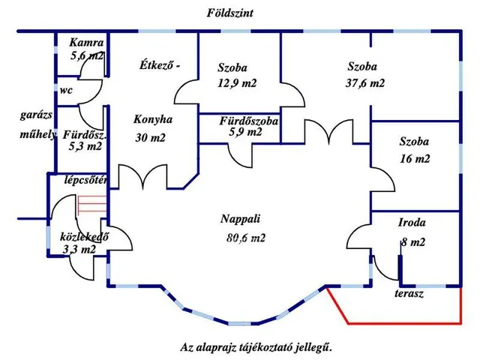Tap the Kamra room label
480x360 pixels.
pos(85,43)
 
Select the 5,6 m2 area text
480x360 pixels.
pos(87,55)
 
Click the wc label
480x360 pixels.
pos(66,90)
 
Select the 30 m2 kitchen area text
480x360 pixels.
pos(150,137)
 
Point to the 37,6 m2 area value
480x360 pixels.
pos(366,83)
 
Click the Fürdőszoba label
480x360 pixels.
pos(249,121)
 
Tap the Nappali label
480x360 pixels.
pos(240,220)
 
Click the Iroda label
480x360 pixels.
pos(412,223)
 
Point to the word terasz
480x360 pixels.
pos(409,294)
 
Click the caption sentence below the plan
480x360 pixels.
pos(255,347)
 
